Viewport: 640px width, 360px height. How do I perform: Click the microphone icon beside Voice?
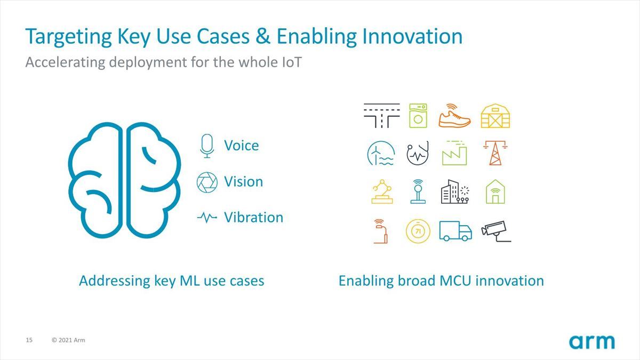(207, 146)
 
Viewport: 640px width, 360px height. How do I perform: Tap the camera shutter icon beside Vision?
(207, 182)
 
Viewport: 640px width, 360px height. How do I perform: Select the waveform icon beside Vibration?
(207, 218)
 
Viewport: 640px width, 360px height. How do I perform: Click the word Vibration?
(253, 218)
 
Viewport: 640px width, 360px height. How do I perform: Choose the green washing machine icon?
(418, 115)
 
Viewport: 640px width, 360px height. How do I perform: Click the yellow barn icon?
(495, 116)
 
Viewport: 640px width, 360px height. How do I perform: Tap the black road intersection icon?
(382, 115)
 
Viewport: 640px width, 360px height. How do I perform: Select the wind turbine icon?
(381, 153)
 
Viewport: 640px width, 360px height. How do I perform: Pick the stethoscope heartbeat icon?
(418, 153)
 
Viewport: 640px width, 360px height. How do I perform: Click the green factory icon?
(454, 153)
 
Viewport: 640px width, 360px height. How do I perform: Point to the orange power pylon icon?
(495, 153)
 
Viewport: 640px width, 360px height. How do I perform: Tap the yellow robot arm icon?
(382, 191)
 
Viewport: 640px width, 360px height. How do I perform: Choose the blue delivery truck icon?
(455, 231)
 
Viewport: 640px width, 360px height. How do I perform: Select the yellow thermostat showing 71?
(418, 231)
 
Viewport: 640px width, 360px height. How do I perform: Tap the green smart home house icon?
(495, 191)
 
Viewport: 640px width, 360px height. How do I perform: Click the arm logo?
(591, 342)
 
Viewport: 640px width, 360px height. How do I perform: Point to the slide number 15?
(29, 340)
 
